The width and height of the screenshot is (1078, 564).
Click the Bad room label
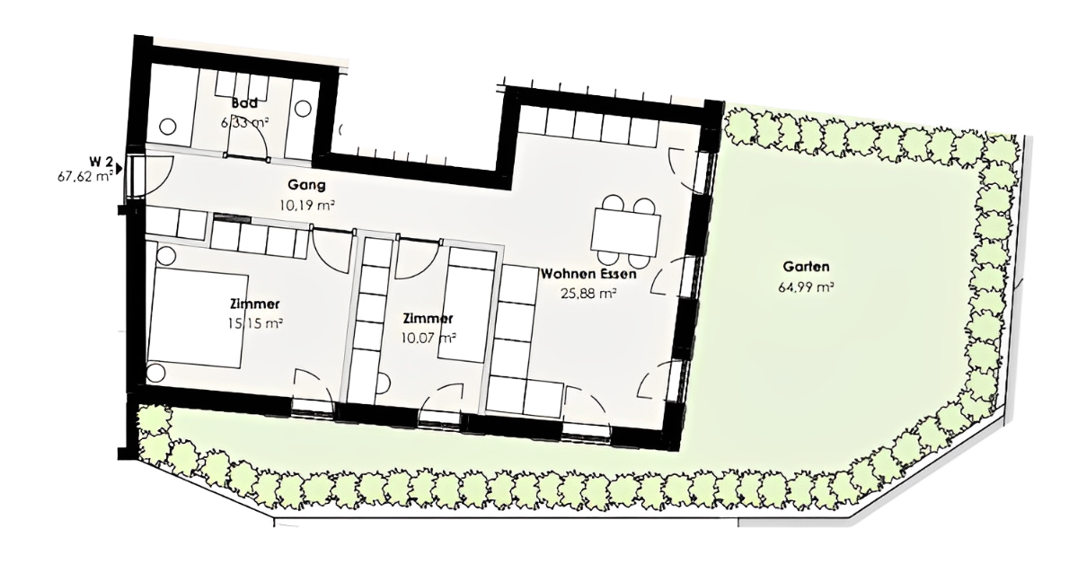[244, 103]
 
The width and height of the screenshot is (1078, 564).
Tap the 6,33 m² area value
[244, 123]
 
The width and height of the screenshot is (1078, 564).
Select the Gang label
[306, 185]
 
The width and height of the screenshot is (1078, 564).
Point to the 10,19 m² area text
[306, 206]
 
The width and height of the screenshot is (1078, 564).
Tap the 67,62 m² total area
[85, 176]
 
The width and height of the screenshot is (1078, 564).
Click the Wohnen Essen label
[588, 274]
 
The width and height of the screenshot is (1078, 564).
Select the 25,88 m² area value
[588, 293]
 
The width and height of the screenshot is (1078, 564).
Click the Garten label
[806, 267]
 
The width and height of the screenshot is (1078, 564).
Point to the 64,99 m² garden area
[806, 287]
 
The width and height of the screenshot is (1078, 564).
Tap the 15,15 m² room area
[255, 323]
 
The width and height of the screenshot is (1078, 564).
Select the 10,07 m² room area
[429, 338]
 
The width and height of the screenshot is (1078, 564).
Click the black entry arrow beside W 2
[119, 169]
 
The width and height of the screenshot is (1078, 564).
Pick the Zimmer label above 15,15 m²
[255, 304]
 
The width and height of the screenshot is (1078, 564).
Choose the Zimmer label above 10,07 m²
[429, 319]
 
